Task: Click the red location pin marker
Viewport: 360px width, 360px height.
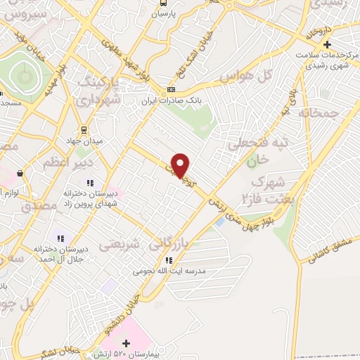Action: click(181, 165)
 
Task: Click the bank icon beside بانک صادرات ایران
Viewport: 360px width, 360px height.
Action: click(171, 90)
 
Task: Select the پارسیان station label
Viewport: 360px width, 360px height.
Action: click(163, 13)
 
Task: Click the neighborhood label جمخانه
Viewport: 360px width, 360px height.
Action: click(318, 112)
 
